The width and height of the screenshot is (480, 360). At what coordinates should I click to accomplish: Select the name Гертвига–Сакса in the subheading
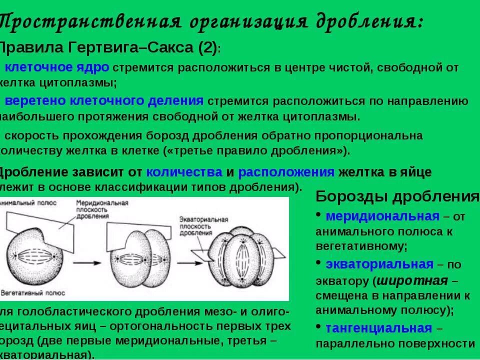pos(135,48)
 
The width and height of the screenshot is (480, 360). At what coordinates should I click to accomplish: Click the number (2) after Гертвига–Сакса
pos(207,48)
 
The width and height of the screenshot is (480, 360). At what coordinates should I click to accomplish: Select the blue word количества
pos(184,172)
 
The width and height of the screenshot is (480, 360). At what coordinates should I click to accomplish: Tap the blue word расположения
pos(286,172)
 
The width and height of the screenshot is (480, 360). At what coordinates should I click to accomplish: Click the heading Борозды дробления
pos(397,196)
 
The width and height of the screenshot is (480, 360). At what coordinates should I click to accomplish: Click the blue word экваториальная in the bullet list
pos(379,264)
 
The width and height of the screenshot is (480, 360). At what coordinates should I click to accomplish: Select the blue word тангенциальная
pos(378,328)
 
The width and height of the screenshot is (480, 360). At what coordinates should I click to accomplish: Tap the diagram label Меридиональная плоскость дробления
pos(102,210)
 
